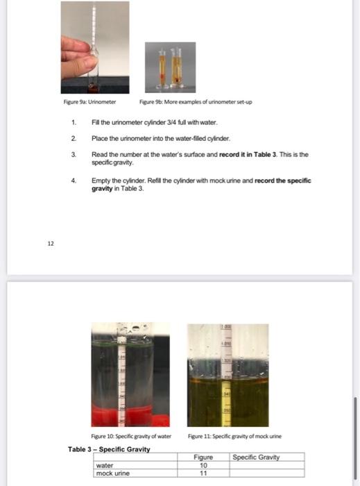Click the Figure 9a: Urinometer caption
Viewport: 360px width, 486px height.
click(84, 102)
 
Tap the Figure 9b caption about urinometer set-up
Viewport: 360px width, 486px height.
click(196, 102)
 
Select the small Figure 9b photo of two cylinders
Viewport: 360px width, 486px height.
click(170, 67)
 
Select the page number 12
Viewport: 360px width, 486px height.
click(51, 244)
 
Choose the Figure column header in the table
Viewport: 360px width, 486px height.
click(203, 457)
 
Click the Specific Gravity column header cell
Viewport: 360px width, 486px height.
click(267, 457)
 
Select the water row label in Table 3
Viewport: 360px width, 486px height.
click(105, 465)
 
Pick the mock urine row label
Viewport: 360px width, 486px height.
click(113, 473)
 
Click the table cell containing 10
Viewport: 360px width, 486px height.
click(203, 465)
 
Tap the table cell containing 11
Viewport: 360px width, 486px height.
click(203, 473)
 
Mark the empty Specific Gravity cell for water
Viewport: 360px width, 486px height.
click(267, 465)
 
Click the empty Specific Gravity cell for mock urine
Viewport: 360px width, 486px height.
click(267, 473)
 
